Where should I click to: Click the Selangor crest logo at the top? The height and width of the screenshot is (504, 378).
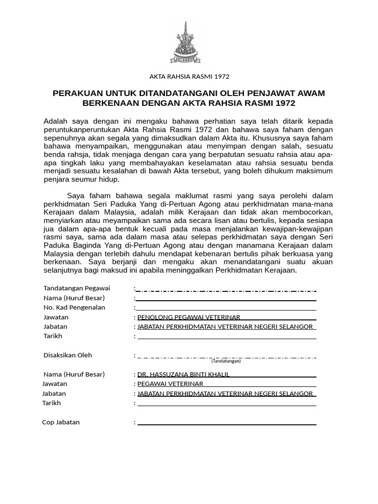(x=186, y=43)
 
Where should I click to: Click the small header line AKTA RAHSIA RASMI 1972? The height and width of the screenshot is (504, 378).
(x=189, y=76)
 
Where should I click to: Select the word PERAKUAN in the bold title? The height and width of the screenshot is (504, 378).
(x=78, y=93)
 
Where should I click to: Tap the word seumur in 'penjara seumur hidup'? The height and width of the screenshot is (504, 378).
(x=86, y=179)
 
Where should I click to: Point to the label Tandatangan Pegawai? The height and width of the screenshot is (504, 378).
(x=77, y=288)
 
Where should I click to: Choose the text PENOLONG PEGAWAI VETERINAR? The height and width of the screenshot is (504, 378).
(x=189, y=317)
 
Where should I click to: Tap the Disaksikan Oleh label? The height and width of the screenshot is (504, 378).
(x=67, y=355)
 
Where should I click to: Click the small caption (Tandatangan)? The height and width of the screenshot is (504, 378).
(x=226, y=361)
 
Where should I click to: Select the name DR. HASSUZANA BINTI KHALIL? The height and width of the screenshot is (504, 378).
(x=183, y=374)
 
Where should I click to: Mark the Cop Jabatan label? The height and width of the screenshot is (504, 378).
(x=61, y=422)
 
